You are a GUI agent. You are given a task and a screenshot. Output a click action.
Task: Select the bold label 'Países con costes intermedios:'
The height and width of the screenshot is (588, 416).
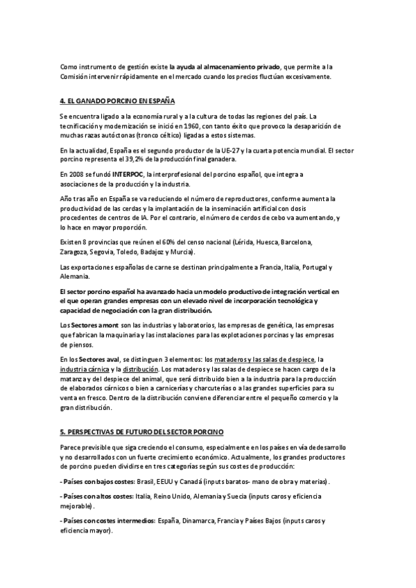(109, 520)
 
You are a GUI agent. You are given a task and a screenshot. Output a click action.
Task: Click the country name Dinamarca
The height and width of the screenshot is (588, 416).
(198, 520)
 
